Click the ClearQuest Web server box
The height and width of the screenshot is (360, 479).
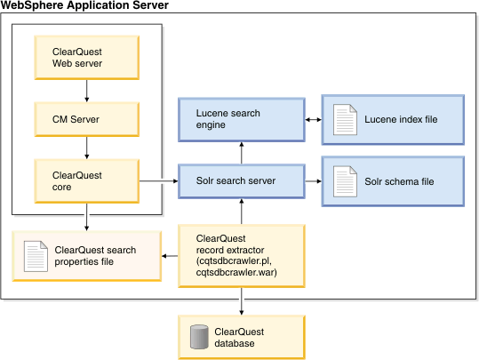84,57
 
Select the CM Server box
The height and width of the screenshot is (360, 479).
84,118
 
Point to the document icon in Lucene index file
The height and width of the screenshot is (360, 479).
344,119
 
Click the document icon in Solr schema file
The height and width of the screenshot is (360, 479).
344,180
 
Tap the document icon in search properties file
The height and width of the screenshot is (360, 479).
35,255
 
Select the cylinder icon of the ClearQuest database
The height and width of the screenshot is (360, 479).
199,337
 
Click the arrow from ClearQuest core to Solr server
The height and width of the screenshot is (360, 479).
156,180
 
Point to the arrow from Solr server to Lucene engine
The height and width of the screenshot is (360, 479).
239,151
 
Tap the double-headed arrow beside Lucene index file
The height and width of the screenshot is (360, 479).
311,119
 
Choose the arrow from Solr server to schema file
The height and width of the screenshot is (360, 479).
311,180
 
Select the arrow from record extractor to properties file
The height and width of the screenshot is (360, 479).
170,255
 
